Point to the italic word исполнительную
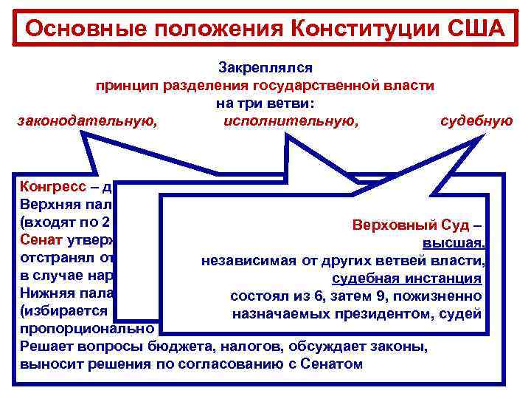pyautogui.click(x=291, y=120)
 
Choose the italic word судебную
pyautogui.click(x=476, y=120)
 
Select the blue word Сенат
pyautogui.click(x=37, y=239)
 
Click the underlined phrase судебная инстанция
pyautogui.click(x=407, y=279)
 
